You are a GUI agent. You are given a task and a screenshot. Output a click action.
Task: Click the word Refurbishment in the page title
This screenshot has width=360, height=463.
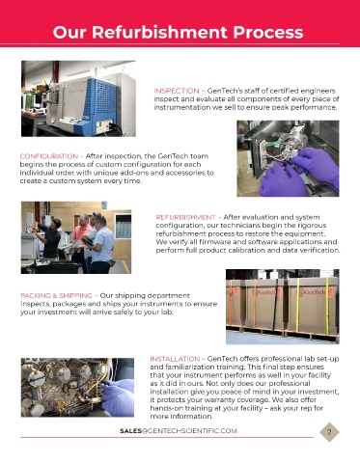[160, 32]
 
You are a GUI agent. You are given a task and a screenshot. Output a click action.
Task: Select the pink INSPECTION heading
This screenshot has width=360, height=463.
[177, 91]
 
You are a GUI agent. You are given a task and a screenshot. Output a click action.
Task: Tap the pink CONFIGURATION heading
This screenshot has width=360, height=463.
[49, 156]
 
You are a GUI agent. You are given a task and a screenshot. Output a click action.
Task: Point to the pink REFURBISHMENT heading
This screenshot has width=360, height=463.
[185, 217]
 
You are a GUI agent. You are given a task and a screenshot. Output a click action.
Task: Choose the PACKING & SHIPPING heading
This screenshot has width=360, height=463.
[56, 295]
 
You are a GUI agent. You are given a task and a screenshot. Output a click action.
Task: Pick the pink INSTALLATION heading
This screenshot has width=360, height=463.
[175, 359]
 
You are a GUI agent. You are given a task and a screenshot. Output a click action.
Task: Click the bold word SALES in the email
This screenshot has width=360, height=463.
[131, 431]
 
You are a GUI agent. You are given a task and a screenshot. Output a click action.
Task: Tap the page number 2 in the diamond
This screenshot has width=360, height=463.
[329, 432]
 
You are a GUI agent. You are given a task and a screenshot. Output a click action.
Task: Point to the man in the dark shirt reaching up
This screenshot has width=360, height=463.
[51, 238]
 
